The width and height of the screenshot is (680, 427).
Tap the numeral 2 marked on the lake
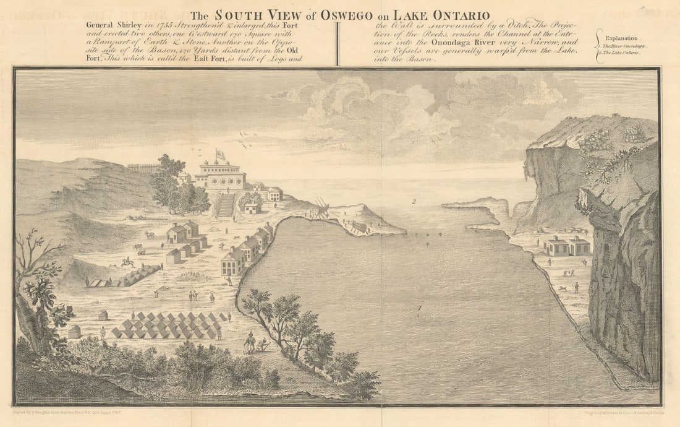tap(414, 201)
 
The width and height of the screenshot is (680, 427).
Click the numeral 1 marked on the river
tap(420, 308)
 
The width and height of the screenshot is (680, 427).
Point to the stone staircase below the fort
tap(227, 205)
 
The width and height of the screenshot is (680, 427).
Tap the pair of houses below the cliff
tap(567, 246)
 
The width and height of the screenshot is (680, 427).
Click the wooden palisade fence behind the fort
tap(143, 168)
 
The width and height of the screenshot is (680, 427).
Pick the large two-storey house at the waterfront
tap(233, 262)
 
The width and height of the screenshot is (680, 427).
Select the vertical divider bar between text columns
tap(338, 43)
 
